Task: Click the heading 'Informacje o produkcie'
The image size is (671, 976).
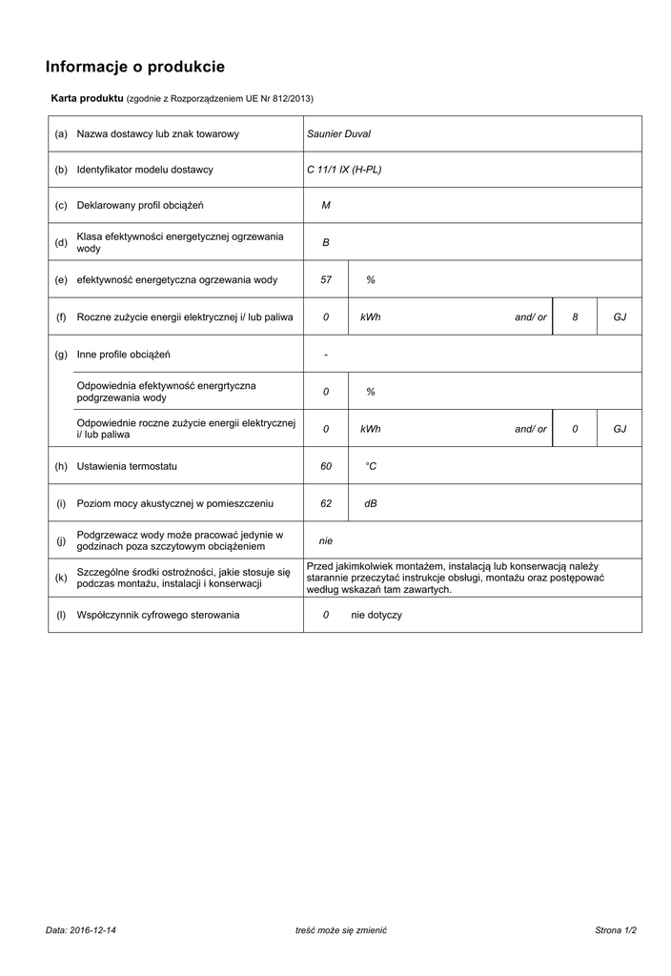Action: coord(135,67)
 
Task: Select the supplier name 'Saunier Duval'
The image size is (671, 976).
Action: coord(338,134)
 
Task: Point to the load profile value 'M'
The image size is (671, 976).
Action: coord(326,206)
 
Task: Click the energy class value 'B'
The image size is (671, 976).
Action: coord(326,243)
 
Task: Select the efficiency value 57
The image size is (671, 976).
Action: coord(326,280)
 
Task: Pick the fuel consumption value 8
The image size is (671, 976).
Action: coord(575,317)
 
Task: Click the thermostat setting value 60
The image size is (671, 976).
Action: coord(326,466)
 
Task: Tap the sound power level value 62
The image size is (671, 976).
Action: coord(326,503)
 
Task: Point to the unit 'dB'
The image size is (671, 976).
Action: coord(371,503)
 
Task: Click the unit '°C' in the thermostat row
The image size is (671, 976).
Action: coord(371,466)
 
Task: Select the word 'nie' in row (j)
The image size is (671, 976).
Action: coord(326,540)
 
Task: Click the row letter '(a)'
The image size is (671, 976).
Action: coord(61,134)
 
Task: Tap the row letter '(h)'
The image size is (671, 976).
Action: coord(61,466)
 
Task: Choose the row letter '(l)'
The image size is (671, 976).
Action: coord(61,615)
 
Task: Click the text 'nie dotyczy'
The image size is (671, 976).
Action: coord(376,615)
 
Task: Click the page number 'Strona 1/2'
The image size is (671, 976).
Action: coord(615,929)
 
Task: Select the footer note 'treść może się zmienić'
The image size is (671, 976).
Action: coord(342,929)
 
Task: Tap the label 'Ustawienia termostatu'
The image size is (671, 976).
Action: coord(127,466)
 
